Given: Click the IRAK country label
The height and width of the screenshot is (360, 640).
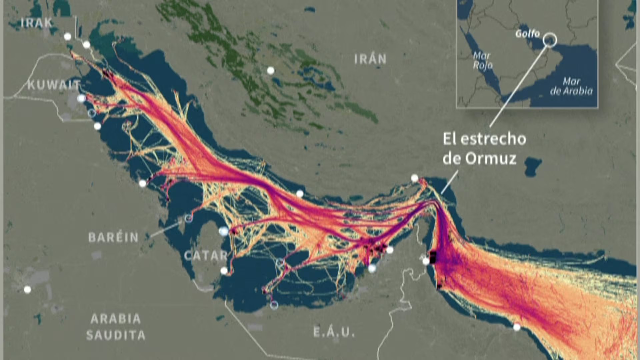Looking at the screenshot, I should click(x=37, y=23).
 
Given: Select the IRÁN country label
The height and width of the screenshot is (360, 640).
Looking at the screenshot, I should click(x=370, y=59).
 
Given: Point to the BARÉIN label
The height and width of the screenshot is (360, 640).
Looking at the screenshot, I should click(x=113, y=237).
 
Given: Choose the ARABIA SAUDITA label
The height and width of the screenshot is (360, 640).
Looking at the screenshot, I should click(x=116, y=327).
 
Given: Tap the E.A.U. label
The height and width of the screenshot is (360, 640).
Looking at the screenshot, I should click(x=334, y=332).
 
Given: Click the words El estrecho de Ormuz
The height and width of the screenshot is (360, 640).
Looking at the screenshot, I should click(x=484, y=149).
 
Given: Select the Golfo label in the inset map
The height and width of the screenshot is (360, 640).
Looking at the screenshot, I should click(x=527, y=34).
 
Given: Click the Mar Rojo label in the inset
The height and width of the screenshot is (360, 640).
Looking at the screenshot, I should click(x=483, y=61).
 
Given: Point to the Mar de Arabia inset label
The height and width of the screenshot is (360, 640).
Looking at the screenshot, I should click(x=571, y=86).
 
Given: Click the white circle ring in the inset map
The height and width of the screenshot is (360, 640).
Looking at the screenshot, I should click(x=550, y=40).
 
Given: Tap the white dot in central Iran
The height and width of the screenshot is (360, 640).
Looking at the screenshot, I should click(x=271, y=70).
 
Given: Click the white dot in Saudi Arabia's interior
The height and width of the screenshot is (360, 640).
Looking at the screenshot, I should click(x=27, y=290).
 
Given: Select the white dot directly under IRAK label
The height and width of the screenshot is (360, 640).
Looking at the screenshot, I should click(x=68, y=36).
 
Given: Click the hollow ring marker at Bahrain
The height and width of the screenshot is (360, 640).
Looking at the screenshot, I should click(x=189, y=218).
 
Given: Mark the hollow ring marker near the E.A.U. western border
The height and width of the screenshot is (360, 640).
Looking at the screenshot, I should click(x=274, y=305).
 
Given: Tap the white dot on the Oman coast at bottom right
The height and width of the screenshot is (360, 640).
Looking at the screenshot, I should click(x=517, y=327).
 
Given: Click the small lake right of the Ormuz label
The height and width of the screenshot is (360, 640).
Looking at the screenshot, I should click(x=533, y=166).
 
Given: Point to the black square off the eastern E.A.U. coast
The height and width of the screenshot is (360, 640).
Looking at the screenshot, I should click(x=433, y=257).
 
